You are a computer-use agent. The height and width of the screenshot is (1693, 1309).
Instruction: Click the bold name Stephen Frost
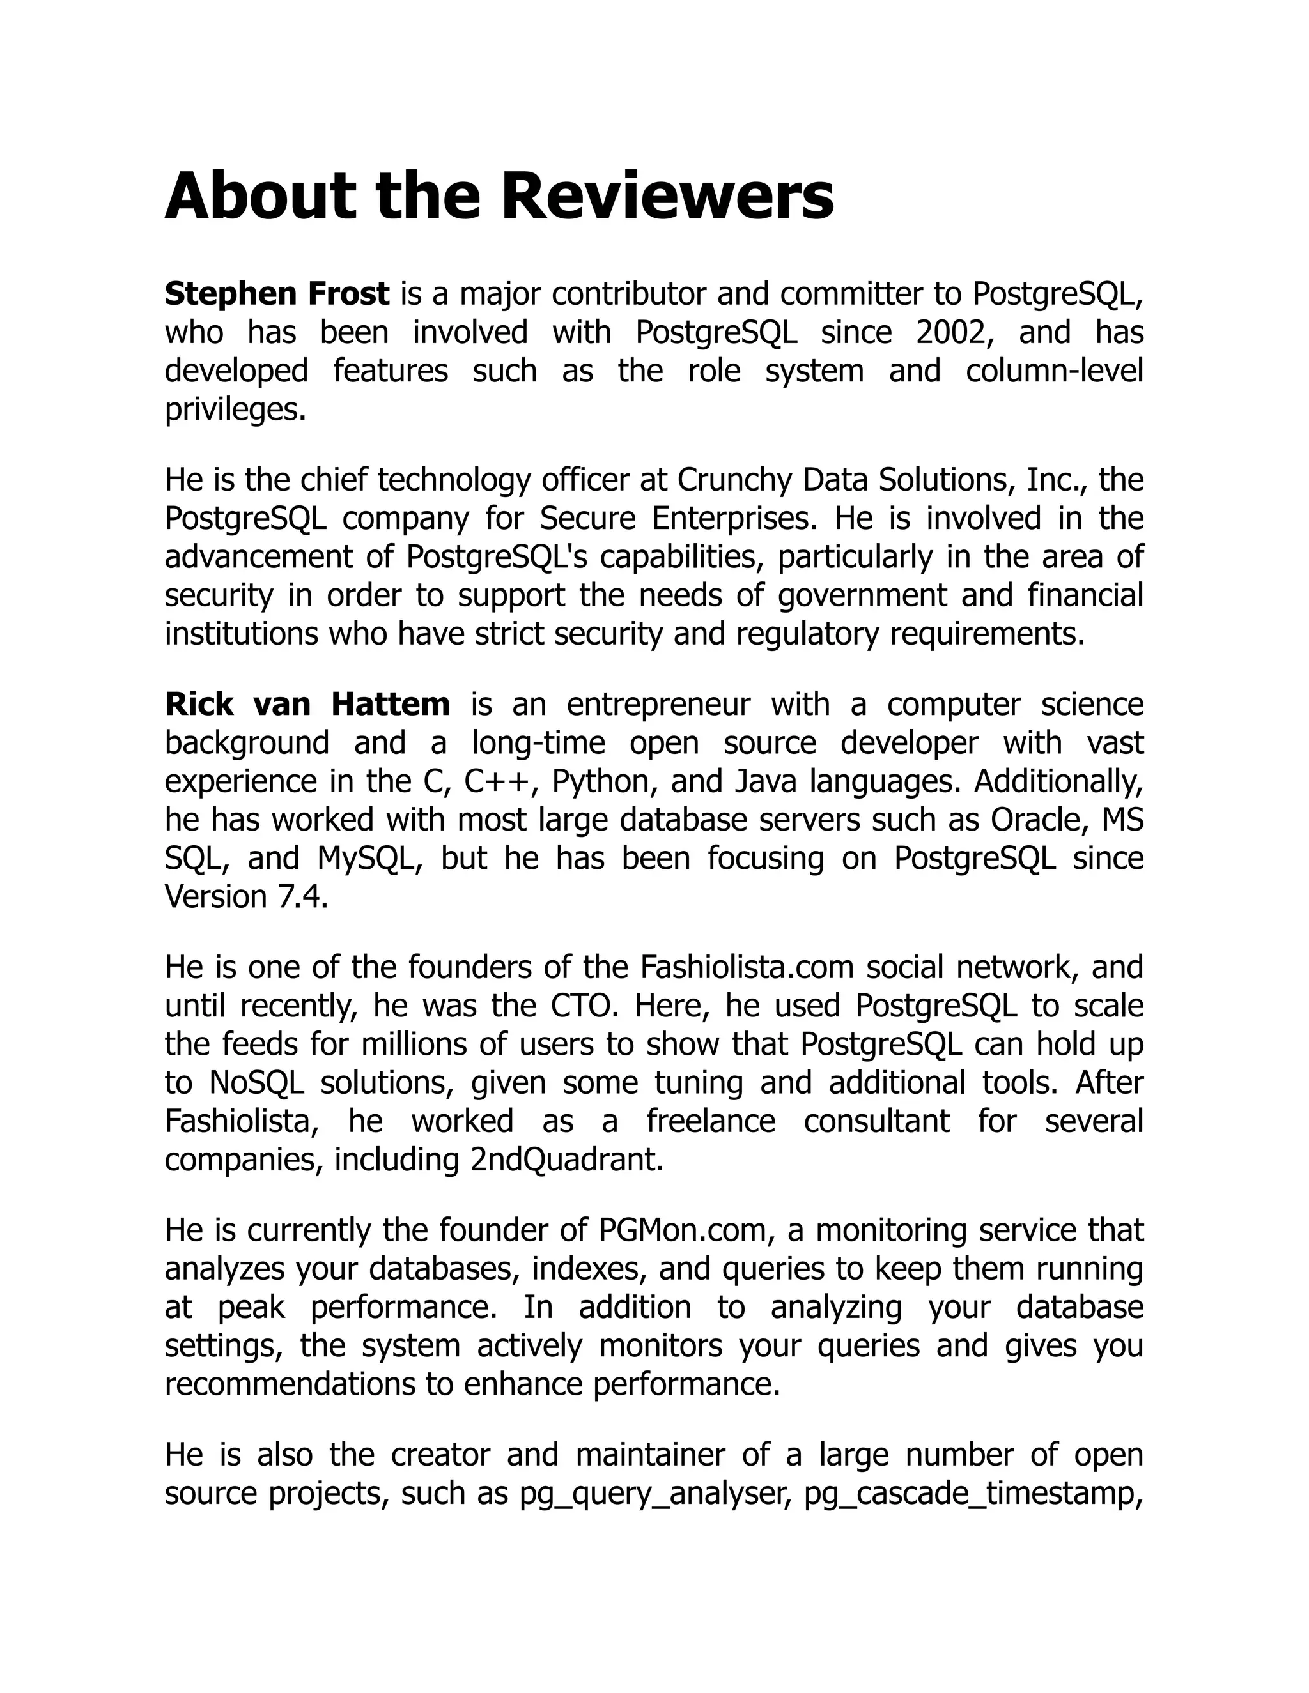point(277,294)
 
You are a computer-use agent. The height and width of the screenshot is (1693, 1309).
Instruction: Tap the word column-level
point(1054,371)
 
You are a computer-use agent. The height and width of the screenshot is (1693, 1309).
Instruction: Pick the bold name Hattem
point(390,704)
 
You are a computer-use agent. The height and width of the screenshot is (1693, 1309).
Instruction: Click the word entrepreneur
point(658,704)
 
